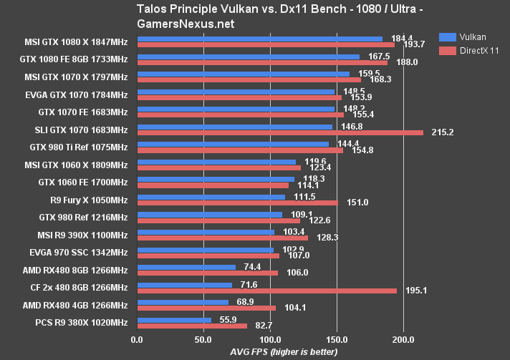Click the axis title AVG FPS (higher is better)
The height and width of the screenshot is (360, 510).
tap(284, 352)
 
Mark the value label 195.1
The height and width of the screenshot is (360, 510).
tap(417, 291)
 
